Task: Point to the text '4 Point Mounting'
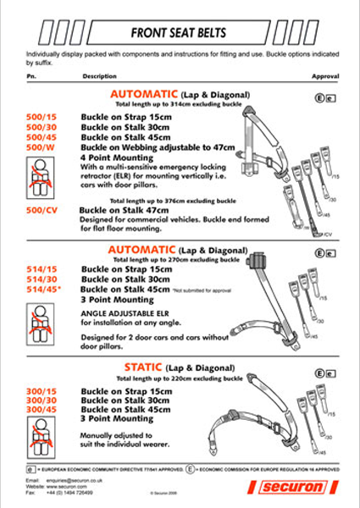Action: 118,157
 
